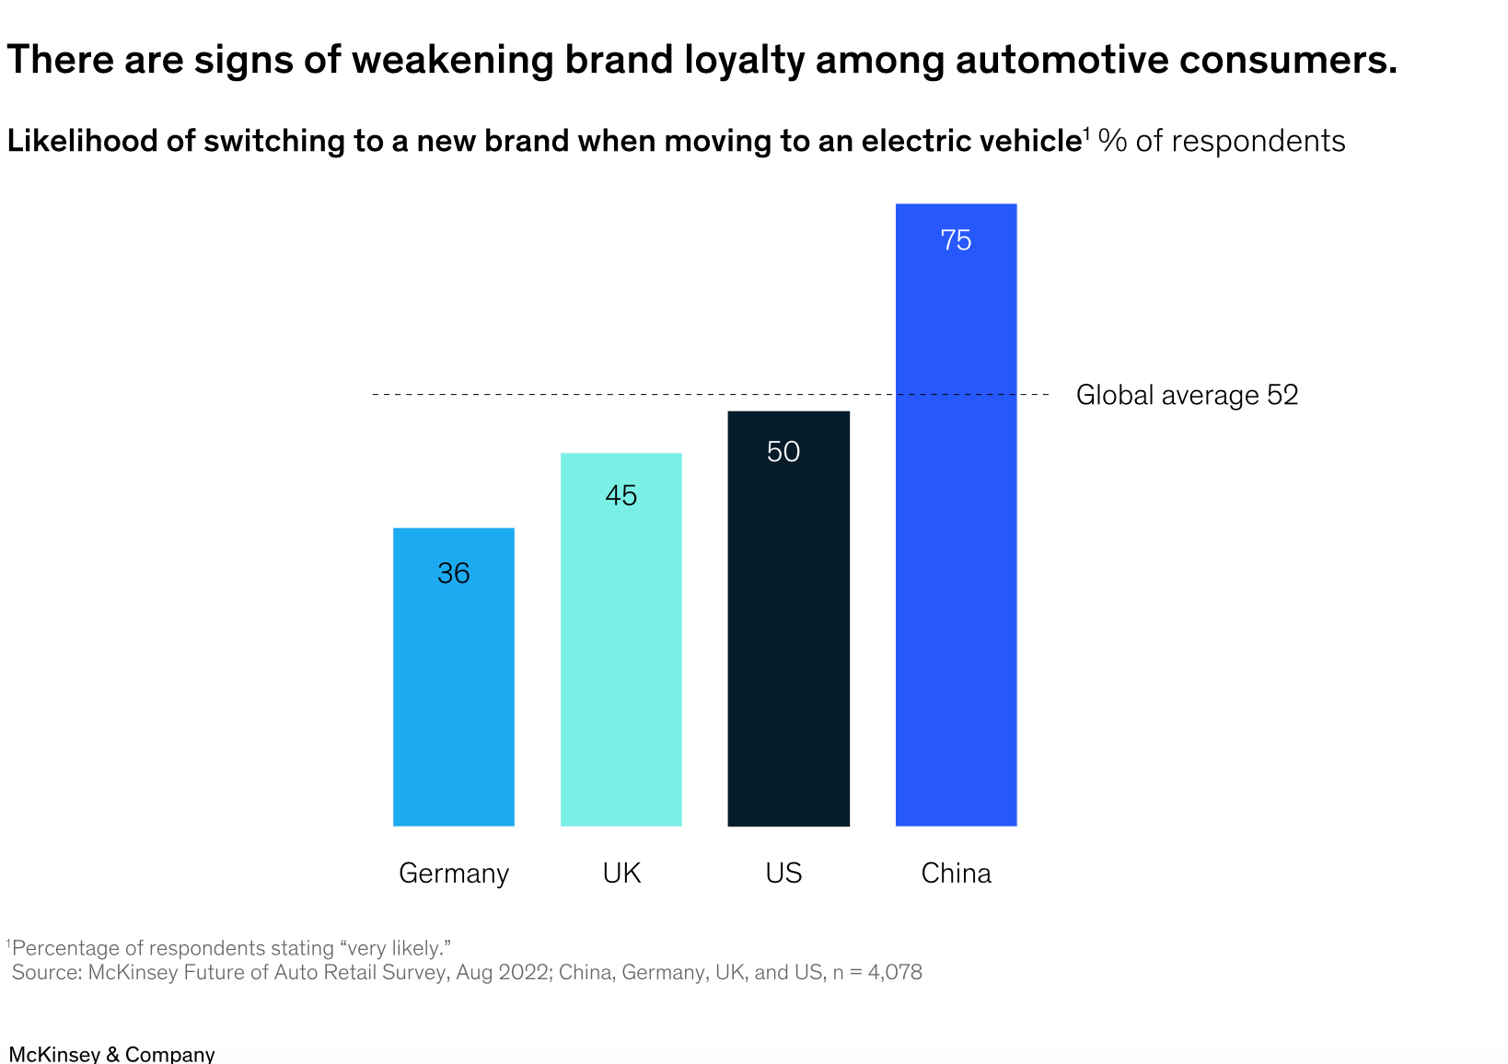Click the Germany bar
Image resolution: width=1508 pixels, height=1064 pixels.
[453, 700]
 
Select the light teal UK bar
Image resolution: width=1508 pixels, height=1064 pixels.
[621, 663]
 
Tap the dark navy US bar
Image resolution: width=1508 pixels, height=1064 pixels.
[788, 644]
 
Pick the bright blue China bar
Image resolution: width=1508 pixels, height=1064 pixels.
[956, 552]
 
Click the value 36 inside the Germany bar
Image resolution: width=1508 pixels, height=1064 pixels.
[454, 573]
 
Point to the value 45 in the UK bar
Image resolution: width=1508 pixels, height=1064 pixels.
[621, 495]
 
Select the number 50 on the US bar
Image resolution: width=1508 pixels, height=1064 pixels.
[783, 451]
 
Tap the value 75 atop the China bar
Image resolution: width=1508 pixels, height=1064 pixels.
[956, 240]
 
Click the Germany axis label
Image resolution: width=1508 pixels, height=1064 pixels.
[454, 873]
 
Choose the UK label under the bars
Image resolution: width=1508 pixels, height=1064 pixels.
[621, 873]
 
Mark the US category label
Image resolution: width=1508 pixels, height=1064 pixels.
[783, 873]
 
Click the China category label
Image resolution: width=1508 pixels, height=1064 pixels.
[956, 873]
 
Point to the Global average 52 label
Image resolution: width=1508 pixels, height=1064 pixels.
[1187, 395]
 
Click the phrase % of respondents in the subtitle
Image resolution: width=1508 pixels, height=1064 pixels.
[1223, 141]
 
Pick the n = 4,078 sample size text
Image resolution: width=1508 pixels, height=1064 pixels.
[877, 972]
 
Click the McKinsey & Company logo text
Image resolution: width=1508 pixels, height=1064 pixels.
[111, 1054]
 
